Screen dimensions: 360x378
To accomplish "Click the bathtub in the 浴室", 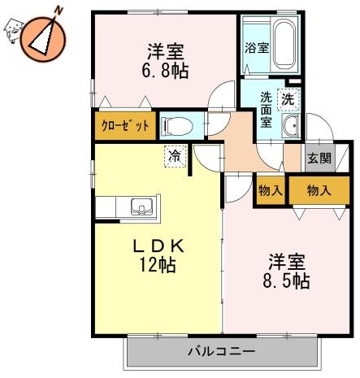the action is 284,45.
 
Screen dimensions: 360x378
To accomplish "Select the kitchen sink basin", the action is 141,206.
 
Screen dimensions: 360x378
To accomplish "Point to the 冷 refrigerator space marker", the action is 176,156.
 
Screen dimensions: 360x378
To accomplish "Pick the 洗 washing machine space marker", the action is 288,100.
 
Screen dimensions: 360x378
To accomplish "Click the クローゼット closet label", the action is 125,125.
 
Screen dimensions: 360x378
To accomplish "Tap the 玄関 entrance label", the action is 319,159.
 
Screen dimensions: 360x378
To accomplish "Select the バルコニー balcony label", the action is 222,352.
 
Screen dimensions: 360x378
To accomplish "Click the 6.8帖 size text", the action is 165,72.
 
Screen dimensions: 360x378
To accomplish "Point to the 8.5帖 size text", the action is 286,281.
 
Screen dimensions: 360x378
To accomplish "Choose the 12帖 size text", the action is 158,265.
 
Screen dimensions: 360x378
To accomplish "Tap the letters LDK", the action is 158,246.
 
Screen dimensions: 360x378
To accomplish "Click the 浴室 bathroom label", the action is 257,48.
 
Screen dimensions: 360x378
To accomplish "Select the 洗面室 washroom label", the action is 266,110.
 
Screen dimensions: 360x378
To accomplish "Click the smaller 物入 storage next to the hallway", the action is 271,190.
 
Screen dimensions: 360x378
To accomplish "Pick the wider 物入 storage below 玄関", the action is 319,190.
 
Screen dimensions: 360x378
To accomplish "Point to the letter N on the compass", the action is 59,11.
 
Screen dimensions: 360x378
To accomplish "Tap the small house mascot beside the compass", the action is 13,30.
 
